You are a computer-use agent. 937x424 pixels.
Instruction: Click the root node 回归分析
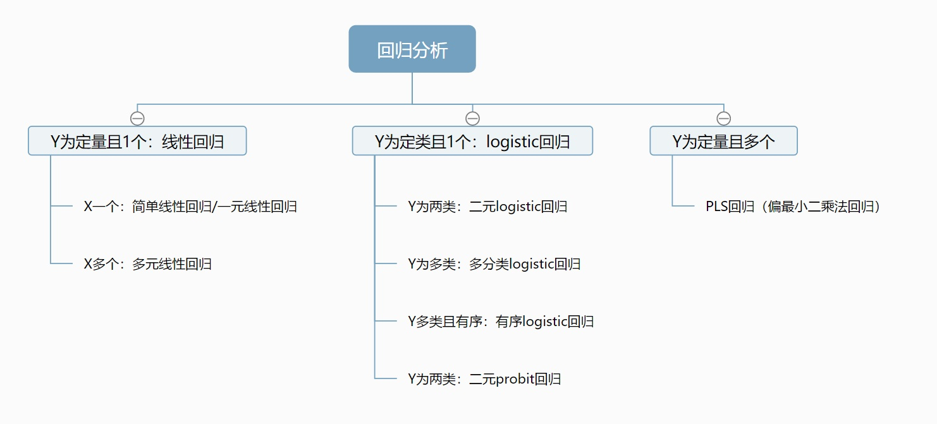coord(412,49)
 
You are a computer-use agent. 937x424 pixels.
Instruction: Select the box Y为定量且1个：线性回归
coord(137,141)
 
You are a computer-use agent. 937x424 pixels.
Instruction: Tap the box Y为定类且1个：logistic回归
coord(472,141)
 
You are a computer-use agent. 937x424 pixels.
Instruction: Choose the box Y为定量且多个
coord(724,141)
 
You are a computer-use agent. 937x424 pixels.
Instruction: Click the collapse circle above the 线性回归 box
coord(137,119)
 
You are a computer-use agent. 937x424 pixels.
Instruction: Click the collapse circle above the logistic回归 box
coord(472,119)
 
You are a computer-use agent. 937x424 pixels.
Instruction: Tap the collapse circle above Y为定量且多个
coord(724,119)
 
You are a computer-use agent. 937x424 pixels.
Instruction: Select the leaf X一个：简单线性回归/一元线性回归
coord(190,206)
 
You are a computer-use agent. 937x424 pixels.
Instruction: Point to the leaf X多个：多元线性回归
coord(148,264)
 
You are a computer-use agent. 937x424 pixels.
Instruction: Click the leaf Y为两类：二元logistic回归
coord(487,206)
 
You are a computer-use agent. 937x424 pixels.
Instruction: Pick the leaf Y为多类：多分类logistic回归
coord(494,264)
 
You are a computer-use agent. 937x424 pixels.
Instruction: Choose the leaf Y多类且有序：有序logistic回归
coord(501,321)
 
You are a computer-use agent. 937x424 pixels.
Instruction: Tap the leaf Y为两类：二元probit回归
coord(484,379)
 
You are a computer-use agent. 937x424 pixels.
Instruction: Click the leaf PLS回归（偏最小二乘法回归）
coord(793,206)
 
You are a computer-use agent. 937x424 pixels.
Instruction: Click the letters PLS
coord(717,206)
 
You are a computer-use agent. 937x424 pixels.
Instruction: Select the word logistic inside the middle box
coord(512,142)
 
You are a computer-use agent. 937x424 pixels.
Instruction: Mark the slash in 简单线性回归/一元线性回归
coord(214,207)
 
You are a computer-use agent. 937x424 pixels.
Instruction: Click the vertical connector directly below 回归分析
coord(412,88)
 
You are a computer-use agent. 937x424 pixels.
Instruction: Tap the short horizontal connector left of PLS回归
coord(683,206)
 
